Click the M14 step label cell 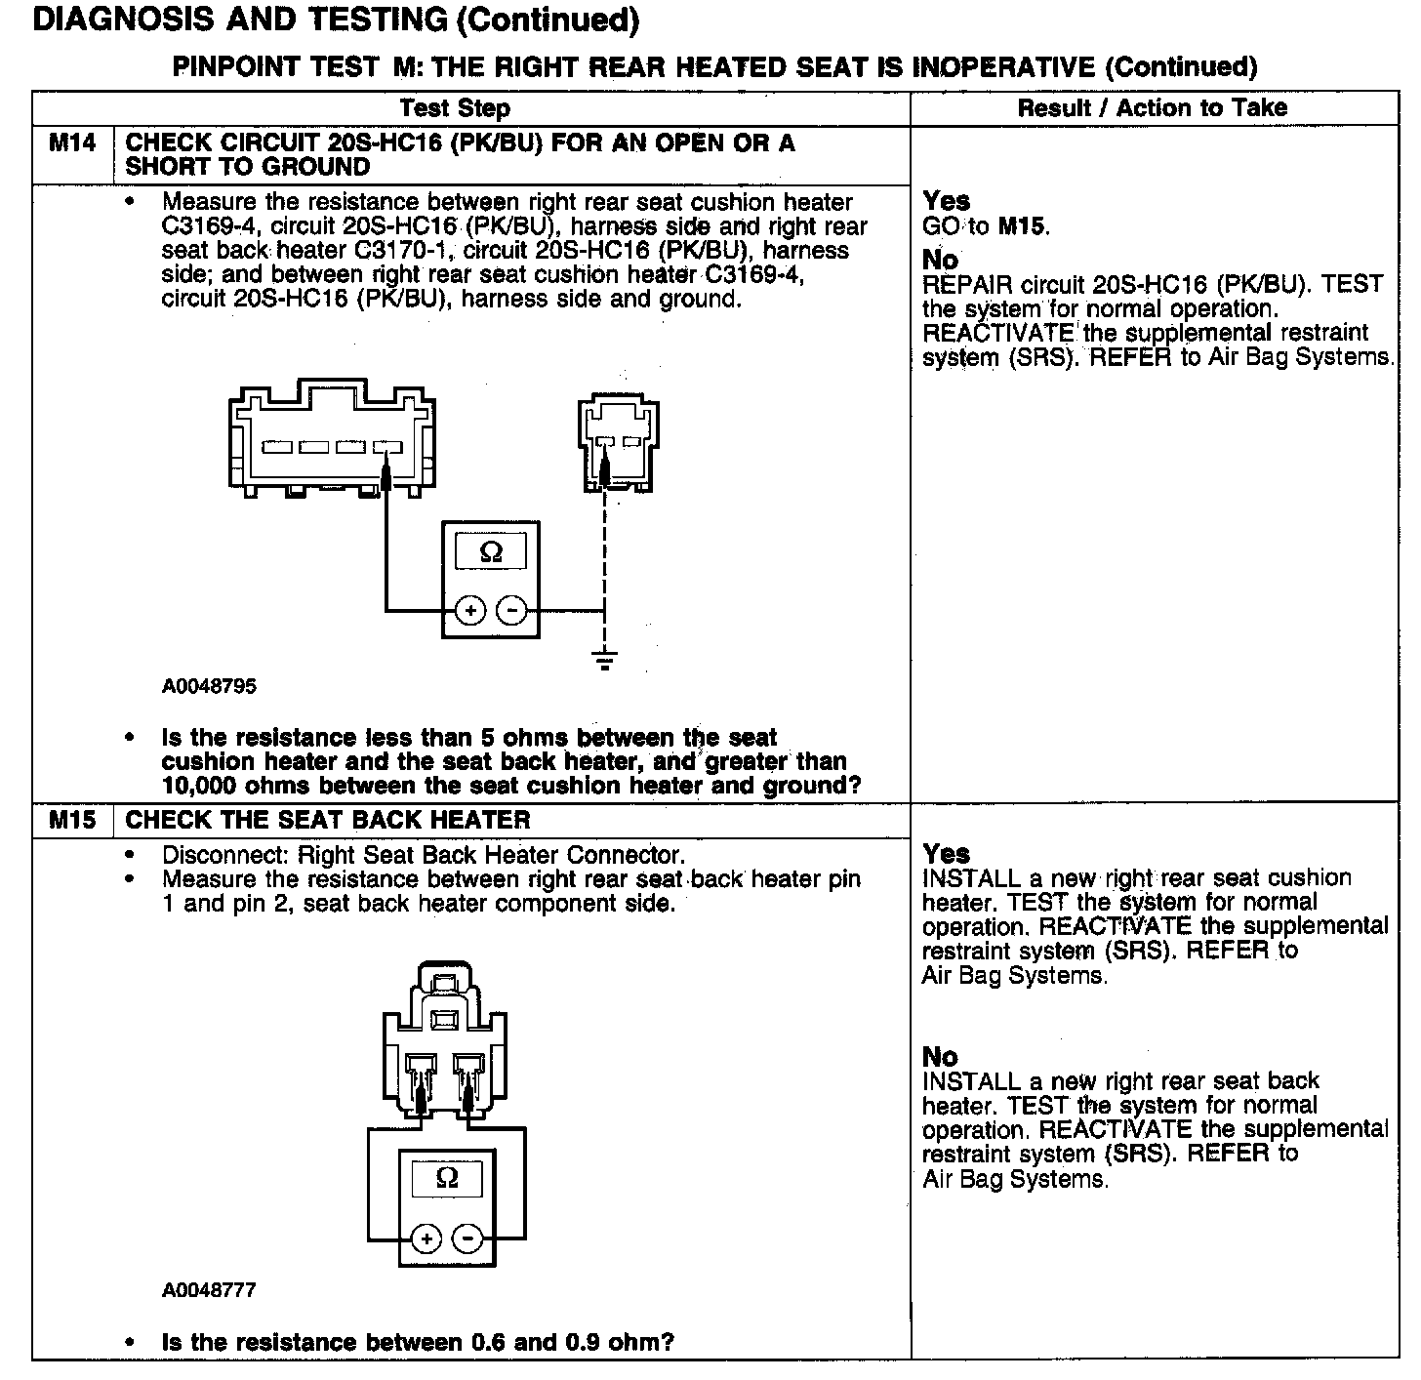click(x=73, y=144)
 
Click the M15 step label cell click(x=73, y=821)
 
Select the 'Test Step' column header click(x=455, y=108)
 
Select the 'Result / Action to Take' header click(x=1152, y=108)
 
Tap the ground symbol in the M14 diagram click(x=605, y=660)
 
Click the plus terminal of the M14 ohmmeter click(x=470, y=611)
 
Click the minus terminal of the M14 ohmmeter click(x=511, y=611)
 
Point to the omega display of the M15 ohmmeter click(x=446, y=1178)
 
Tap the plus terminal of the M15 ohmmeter click(x=426, y=1239)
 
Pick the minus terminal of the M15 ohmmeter click(x=468, y=1239)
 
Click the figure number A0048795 click(x=209, y=686)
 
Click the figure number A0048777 click(x=209, y=1290)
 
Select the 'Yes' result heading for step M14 click(x=946, y=201)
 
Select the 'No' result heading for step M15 click(x=940, y=1057)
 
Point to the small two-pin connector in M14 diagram click(x=614, y=444)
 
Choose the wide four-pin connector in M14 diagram click(x=331, y=444)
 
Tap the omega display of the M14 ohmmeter click(x=491, y=553)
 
